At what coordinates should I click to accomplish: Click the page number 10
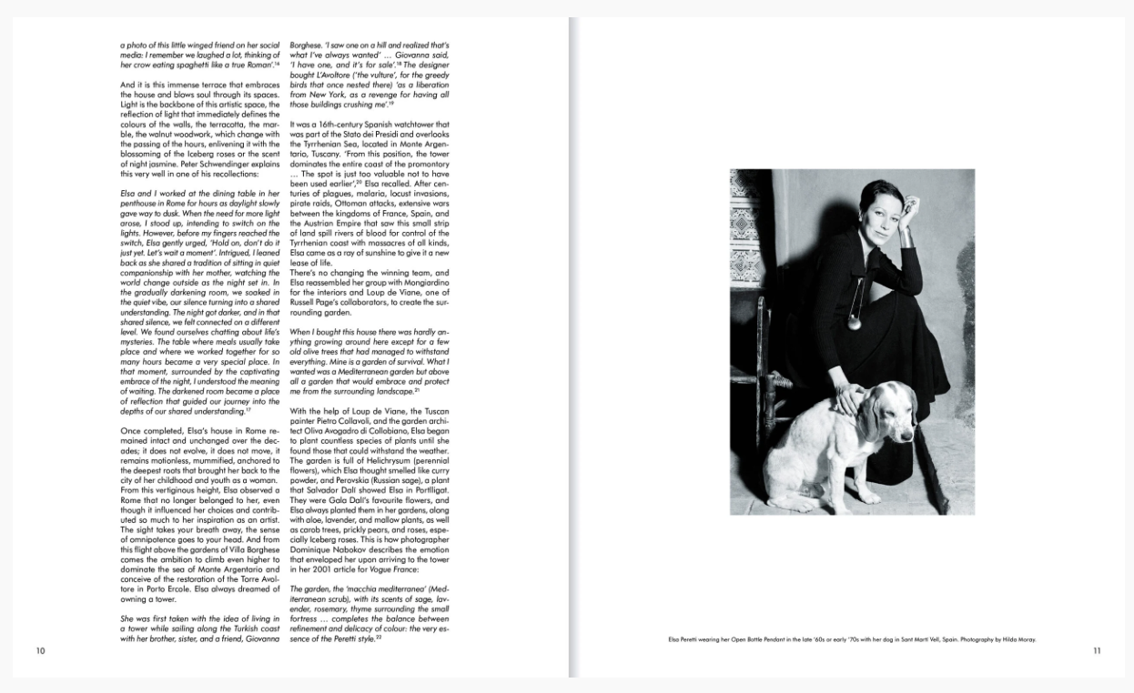(x=40, y=650)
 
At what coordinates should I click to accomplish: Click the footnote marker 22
(x=377, y=636)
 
